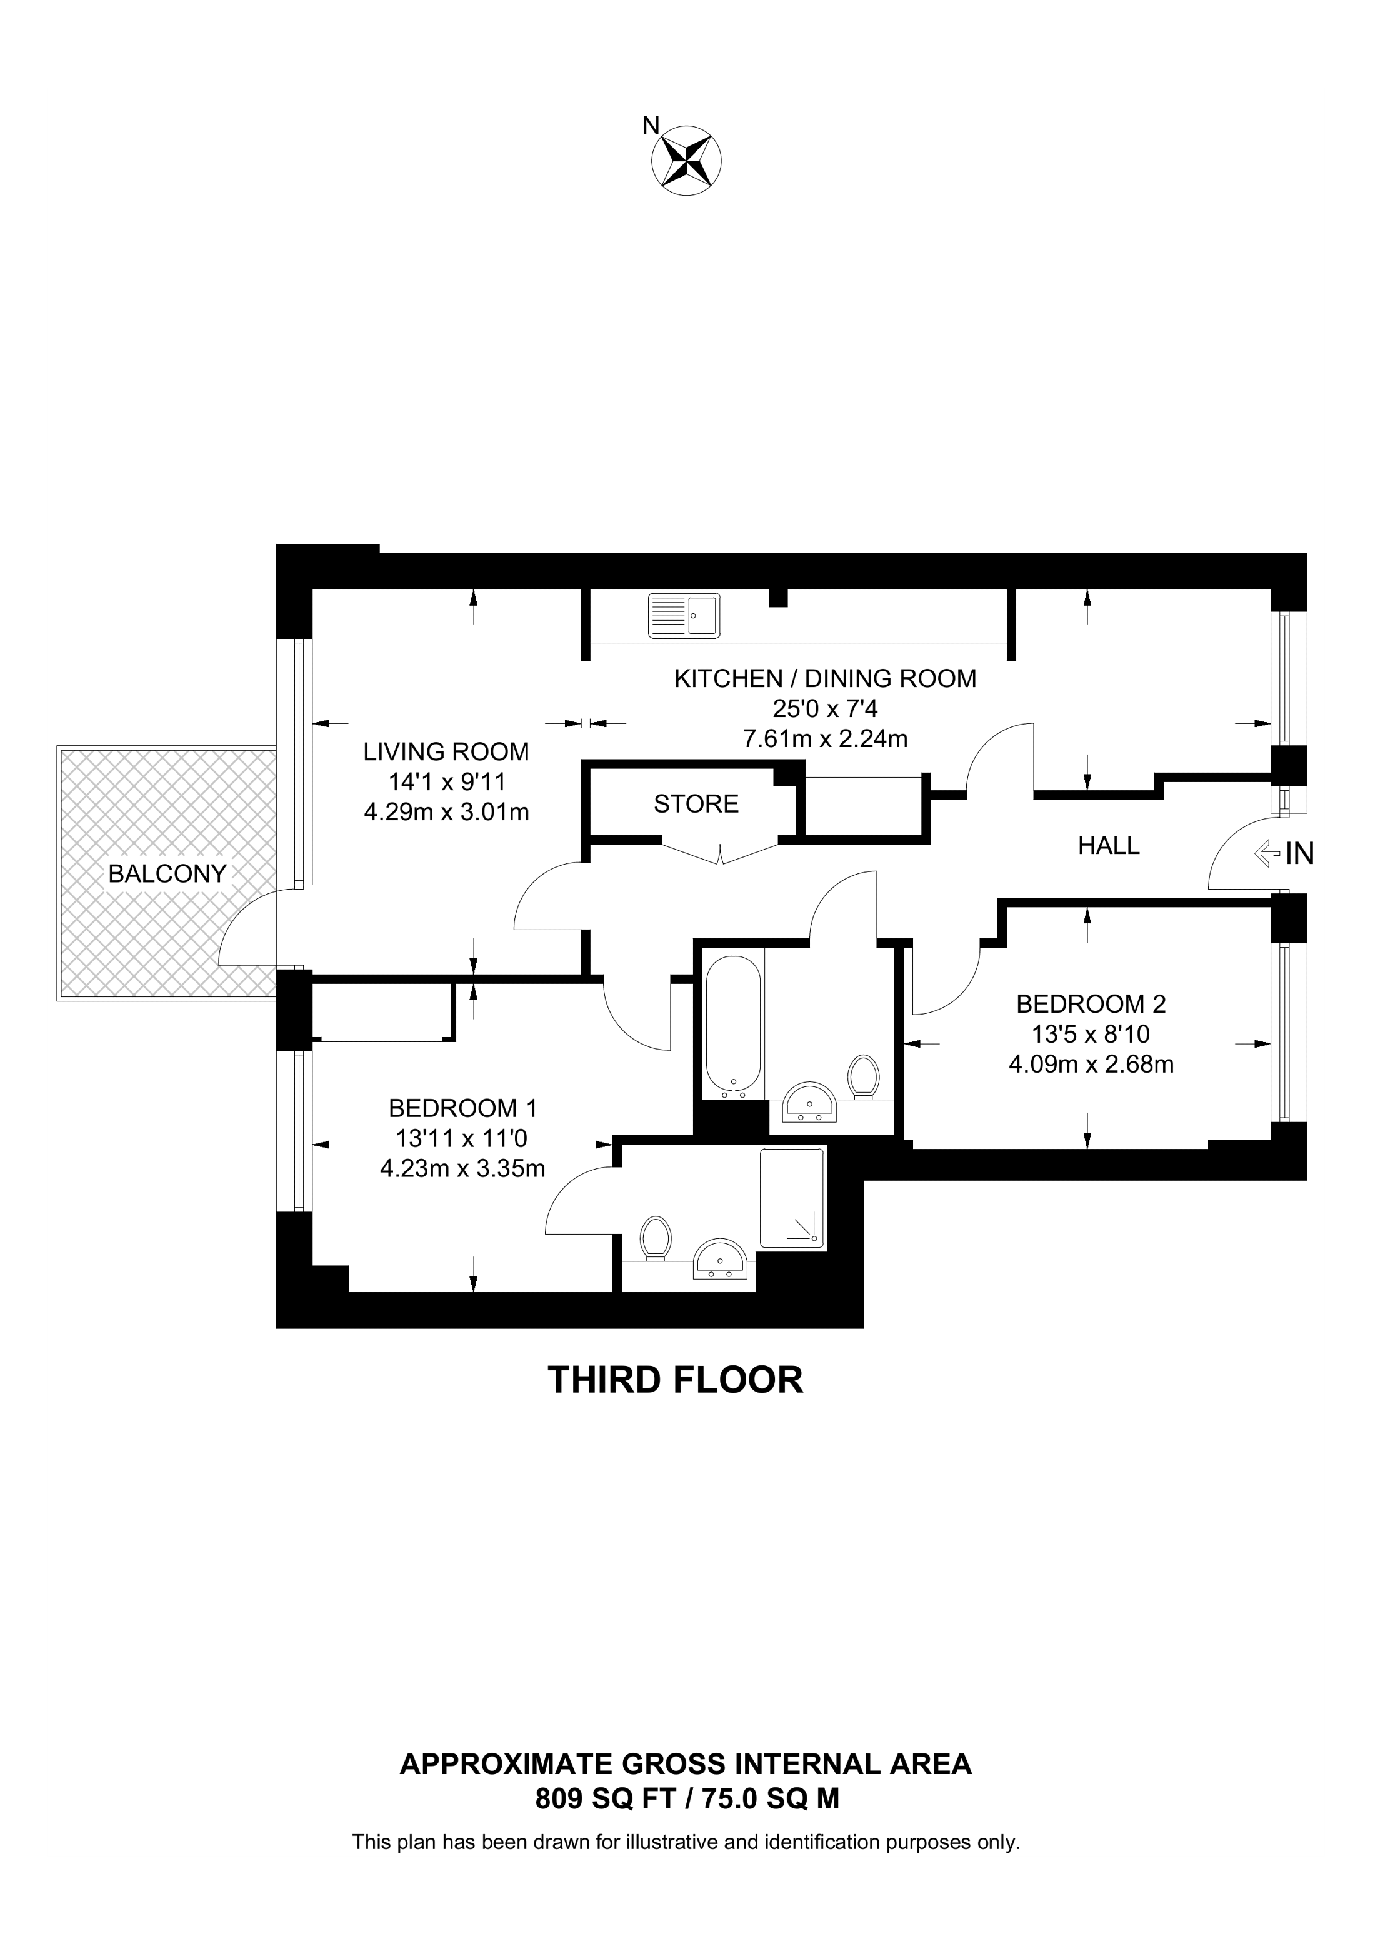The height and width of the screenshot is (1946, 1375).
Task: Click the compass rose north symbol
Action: coord(686,159)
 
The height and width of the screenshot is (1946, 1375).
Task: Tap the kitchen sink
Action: coord(684,615)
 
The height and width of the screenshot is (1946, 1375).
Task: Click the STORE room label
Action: coord(696,803)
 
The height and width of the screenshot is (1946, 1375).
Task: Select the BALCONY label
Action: coord(167,874)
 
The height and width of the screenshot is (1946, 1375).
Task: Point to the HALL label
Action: coord(1109,845)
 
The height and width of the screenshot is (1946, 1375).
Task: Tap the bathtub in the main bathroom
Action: coord(733,1026)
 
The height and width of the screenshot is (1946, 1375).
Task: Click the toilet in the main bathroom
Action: coord(863,1077)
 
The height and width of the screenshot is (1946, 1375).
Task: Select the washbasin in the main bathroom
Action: coord(810,1102)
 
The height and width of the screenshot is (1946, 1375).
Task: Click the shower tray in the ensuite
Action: coord(791,1198)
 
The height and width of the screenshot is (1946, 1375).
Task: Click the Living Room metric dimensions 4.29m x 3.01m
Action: coord(446,812)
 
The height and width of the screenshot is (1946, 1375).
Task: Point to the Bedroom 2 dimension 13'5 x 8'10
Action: coord(1091,1034)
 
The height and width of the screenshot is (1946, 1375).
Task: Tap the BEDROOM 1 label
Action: coord(462,1108)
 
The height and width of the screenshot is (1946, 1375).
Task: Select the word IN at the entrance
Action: coord(1299,853)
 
